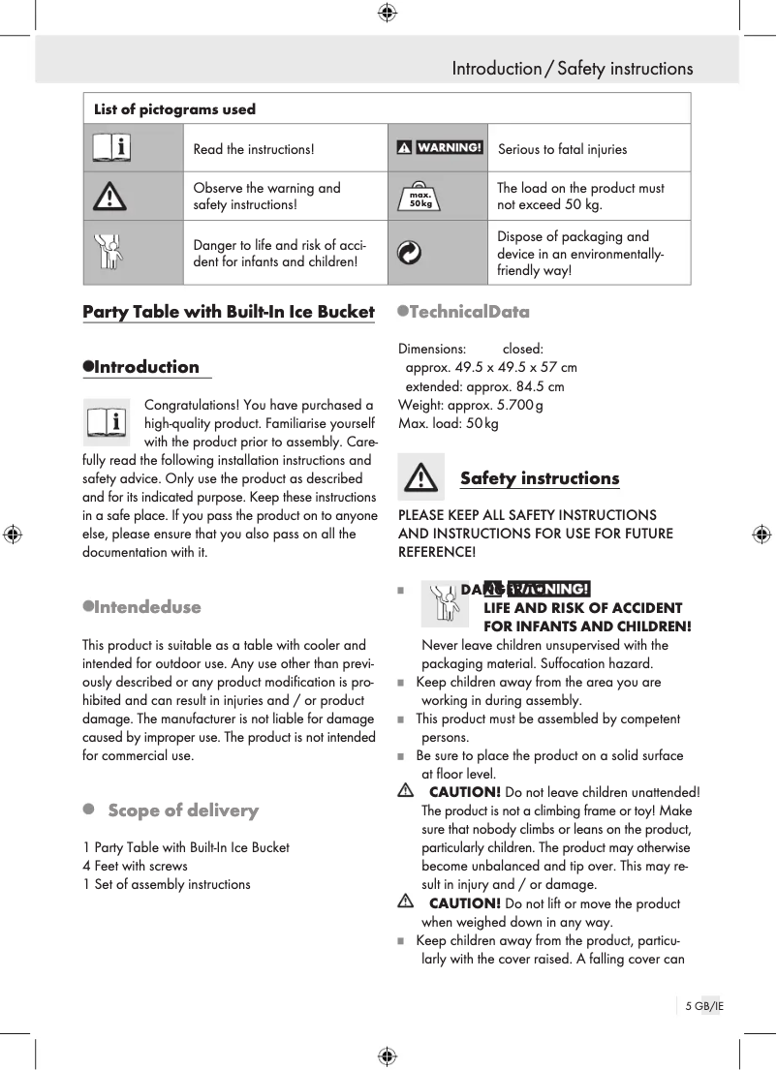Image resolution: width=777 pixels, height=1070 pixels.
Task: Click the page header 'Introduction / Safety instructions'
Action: click(572, 69)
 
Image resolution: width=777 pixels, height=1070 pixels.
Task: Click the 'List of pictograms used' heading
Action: click(174, 109)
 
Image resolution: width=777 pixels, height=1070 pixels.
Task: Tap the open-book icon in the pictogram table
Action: click(112, 148)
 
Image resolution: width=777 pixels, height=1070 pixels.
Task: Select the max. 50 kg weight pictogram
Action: click(420, 197)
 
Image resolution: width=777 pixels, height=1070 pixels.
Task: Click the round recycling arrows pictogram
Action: click(410, 253)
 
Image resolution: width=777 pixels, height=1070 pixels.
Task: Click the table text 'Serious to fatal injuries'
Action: click(562, 149)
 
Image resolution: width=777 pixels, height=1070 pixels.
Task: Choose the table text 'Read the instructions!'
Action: click(254, 149)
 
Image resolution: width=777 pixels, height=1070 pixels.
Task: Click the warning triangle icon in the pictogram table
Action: click(112, 197)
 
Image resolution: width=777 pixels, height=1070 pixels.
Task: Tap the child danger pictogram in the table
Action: click(112, 253)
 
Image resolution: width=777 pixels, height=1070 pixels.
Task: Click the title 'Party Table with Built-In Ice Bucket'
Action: click(228, 312)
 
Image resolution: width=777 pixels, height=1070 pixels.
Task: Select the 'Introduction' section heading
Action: click(146, 367)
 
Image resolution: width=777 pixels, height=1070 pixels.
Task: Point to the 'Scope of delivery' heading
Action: click(182, 810)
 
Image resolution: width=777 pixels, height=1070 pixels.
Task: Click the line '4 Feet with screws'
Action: click(136, 866)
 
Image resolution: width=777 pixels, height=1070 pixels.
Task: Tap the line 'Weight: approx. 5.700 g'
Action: click(470, 405)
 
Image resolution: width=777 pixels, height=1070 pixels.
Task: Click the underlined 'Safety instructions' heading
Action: click(539, 478)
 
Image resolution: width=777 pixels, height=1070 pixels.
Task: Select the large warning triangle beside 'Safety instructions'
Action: click(420, 477)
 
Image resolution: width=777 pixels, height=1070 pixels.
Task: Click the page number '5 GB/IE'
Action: click(704, 1006)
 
